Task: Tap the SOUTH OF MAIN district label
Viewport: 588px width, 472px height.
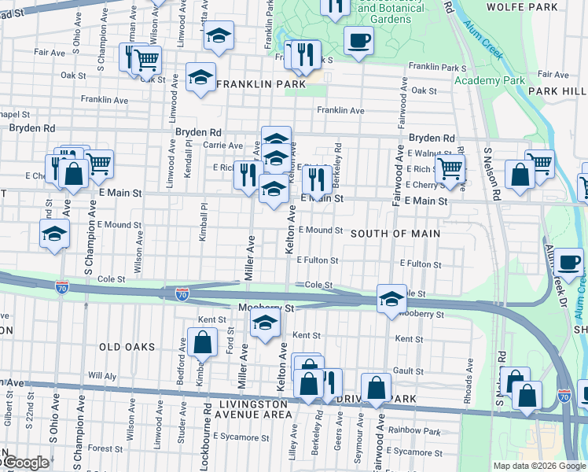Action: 395,234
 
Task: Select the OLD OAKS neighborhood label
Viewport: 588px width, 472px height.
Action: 124,346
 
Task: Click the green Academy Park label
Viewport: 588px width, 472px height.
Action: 489,80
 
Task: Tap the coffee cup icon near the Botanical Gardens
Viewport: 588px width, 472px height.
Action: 359,39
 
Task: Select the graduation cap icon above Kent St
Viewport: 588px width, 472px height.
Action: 265,323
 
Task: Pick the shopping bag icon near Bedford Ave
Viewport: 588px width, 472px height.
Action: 202,342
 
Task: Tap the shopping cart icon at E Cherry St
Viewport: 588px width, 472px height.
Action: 450,169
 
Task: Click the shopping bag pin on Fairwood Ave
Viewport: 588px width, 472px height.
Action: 377,389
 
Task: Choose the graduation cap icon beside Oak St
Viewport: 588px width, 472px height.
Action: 201,77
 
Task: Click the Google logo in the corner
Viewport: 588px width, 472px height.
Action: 25,463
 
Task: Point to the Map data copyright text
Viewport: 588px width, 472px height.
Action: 539,466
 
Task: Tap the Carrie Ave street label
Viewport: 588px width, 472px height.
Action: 224,146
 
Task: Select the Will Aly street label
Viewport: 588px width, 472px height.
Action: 102,376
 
